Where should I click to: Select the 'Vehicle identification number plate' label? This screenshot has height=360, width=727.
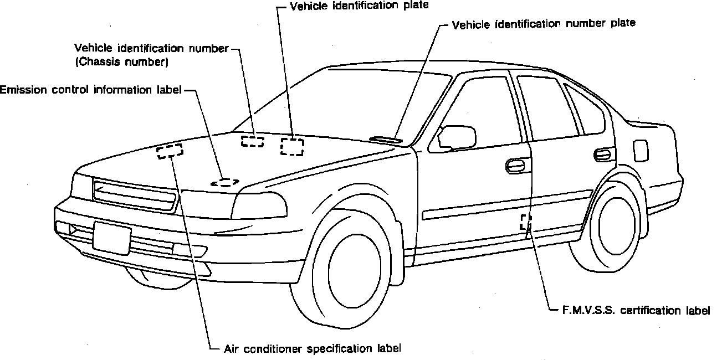[x=544, y=24]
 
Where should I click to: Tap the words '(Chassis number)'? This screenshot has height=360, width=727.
[x=121, y=61]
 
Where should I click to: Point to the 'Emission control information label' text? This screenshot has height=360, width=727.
[x=91, y=90]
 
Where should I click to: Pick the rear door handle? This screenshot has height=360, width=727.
[x=603, y=153]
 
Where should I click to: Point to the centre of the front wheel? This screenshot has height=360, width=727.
[x=347, y=265]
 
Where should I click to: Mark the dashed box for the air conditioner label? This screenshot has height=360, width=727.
[x=170, y=151]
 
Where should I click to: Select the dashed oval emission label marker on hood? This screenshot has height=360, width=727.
[x=224, y=182]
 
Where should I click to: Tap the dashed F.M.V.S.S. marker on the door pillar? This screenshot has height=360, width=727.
[x=525, y=222]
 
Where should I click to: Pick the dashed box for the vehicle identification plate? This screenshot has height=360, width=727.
[x=292, y=146]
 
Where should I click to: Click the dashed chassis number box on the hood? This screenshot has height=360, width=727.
[x=253, y=141]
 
